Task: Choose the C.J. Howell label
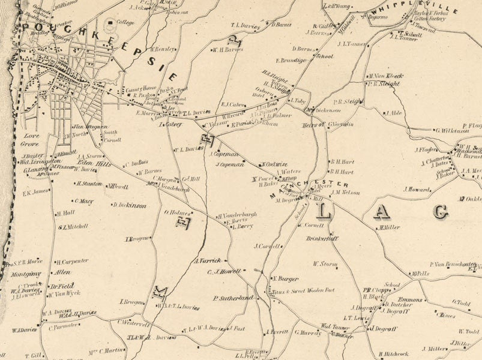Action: [x=224, y=271]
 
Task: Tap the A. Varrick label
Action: [x=208, y=260]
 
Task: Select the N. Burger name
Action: [x=286, y=278]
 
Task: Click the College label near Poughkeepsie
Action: [x=125, y=22]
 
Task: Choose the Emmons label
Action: [x=411, y=299]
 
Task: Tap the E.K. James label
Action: [x=35, y=193]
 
